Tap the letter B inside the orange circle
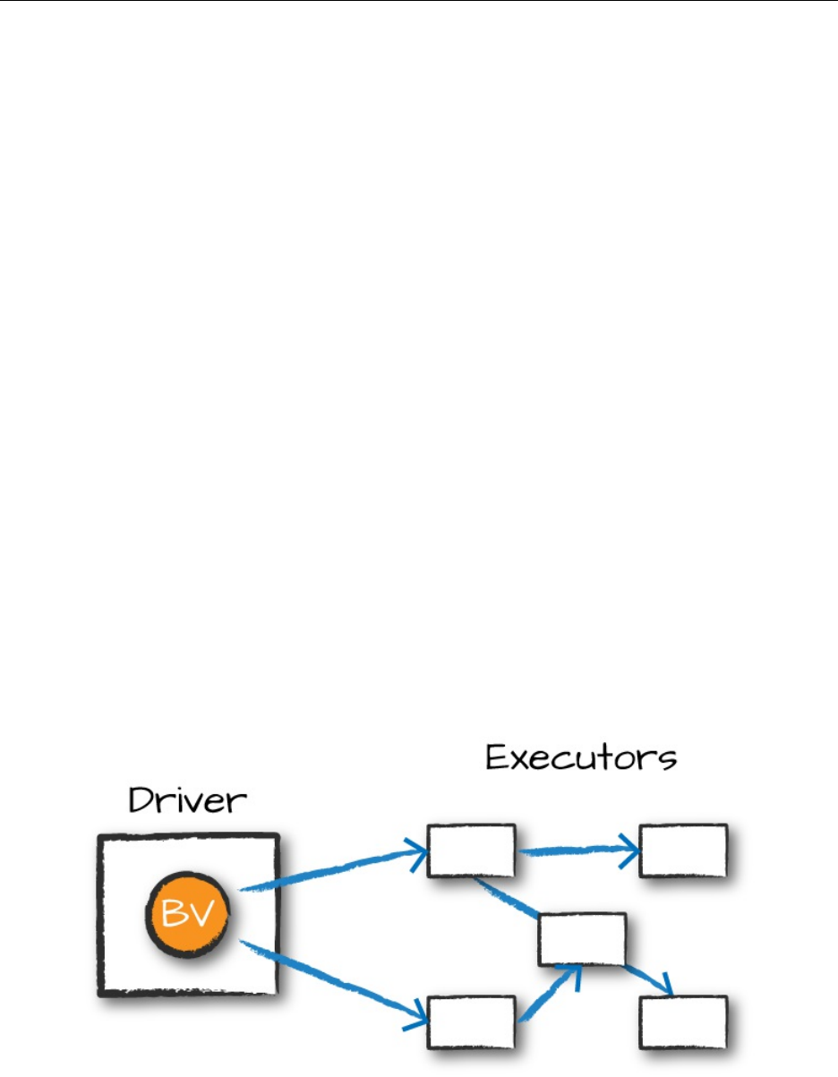pyautogui.click(x=175, y=915)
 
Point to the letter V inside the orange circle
pyautogui.click(x=203, y=915)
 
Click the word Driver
pyautogui.click(x=186, y=799)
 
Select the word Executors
pyautogui.click(x=581, y=758)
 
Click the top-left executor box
pyautogui.click(x=471, y=850)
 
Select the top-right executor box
pyautogui.click(x=682, y=850)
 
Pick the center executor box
pyautogui.click(x=581, y=939)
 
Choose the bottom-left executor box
pyautogui.click(x=471, y=1021)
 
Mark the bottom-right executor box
pyautogui.click(x=682, y=1021)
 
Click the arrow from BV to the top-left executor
pyautogui.click(x=331, y=868)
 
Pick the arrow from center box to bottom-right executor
pyautogui.click(x=646, y=979)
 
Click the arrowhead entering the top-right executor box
pyautogui.click(x=632, y=849)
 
